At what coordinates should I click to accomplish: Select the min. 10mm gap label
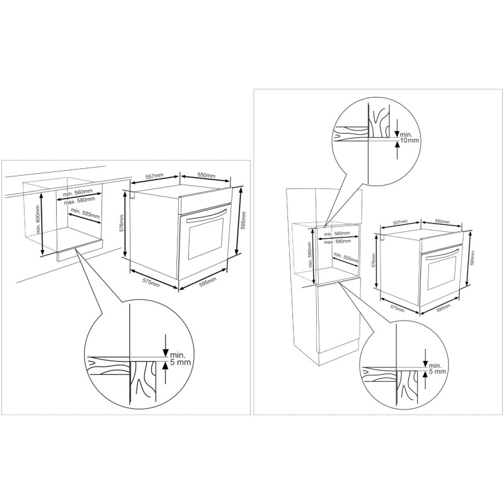click(409, 138)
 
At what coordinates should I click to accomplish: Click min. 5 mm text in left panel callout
click(180, 358)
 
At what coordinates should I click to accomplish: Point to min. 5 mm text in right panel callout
click(437, 369)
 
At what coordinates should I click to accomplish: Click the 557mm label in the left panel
click(154, 176)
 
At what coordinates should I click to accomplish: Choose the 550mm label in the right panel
click(442, 222)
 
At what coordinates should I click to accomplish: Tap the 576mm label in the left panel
click(122, 224)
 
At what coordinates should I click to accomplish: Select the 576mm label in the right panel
click(373, 260)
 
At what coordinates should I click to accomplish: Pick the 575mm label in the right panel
click(398, 308)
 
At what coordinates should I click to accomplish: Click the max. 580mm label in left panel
click(80, 200)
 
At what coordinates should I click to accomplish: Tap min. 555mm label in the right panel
click(346, 258)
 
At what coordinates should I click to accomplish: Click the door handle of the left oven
click(207, 215)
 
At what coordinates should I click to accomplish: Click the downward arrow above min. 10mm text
click(398, 129)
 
